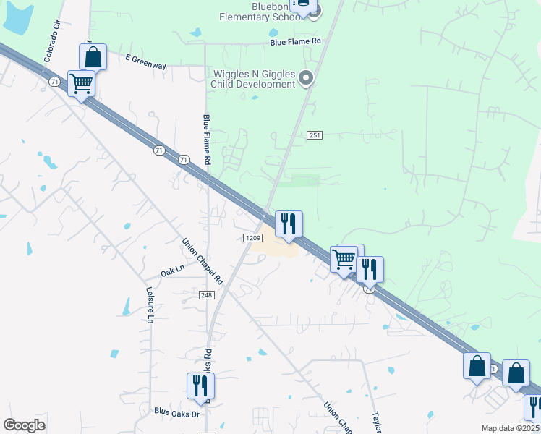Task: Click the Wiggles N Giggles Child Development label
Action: click(252, 78)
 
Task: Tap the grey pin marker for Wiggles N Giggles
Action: click(306, 78)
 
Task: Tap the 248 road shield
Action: click(207, 294)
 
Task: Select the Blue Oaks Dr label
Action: click(176, 414)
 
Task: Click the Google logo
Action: click(24, 425)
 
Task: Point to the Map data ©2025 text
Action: click(511, 428)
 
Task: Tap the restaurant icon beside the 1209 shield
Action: click(289, 224)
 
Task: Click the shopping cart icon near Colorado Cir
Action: click(81, 82)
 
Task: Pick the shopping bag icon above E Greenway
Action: click(93, 56)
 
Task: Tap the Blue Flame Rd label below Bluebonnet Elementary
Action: click(295, 42)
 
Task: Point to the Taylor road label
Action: click(376, 423)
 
